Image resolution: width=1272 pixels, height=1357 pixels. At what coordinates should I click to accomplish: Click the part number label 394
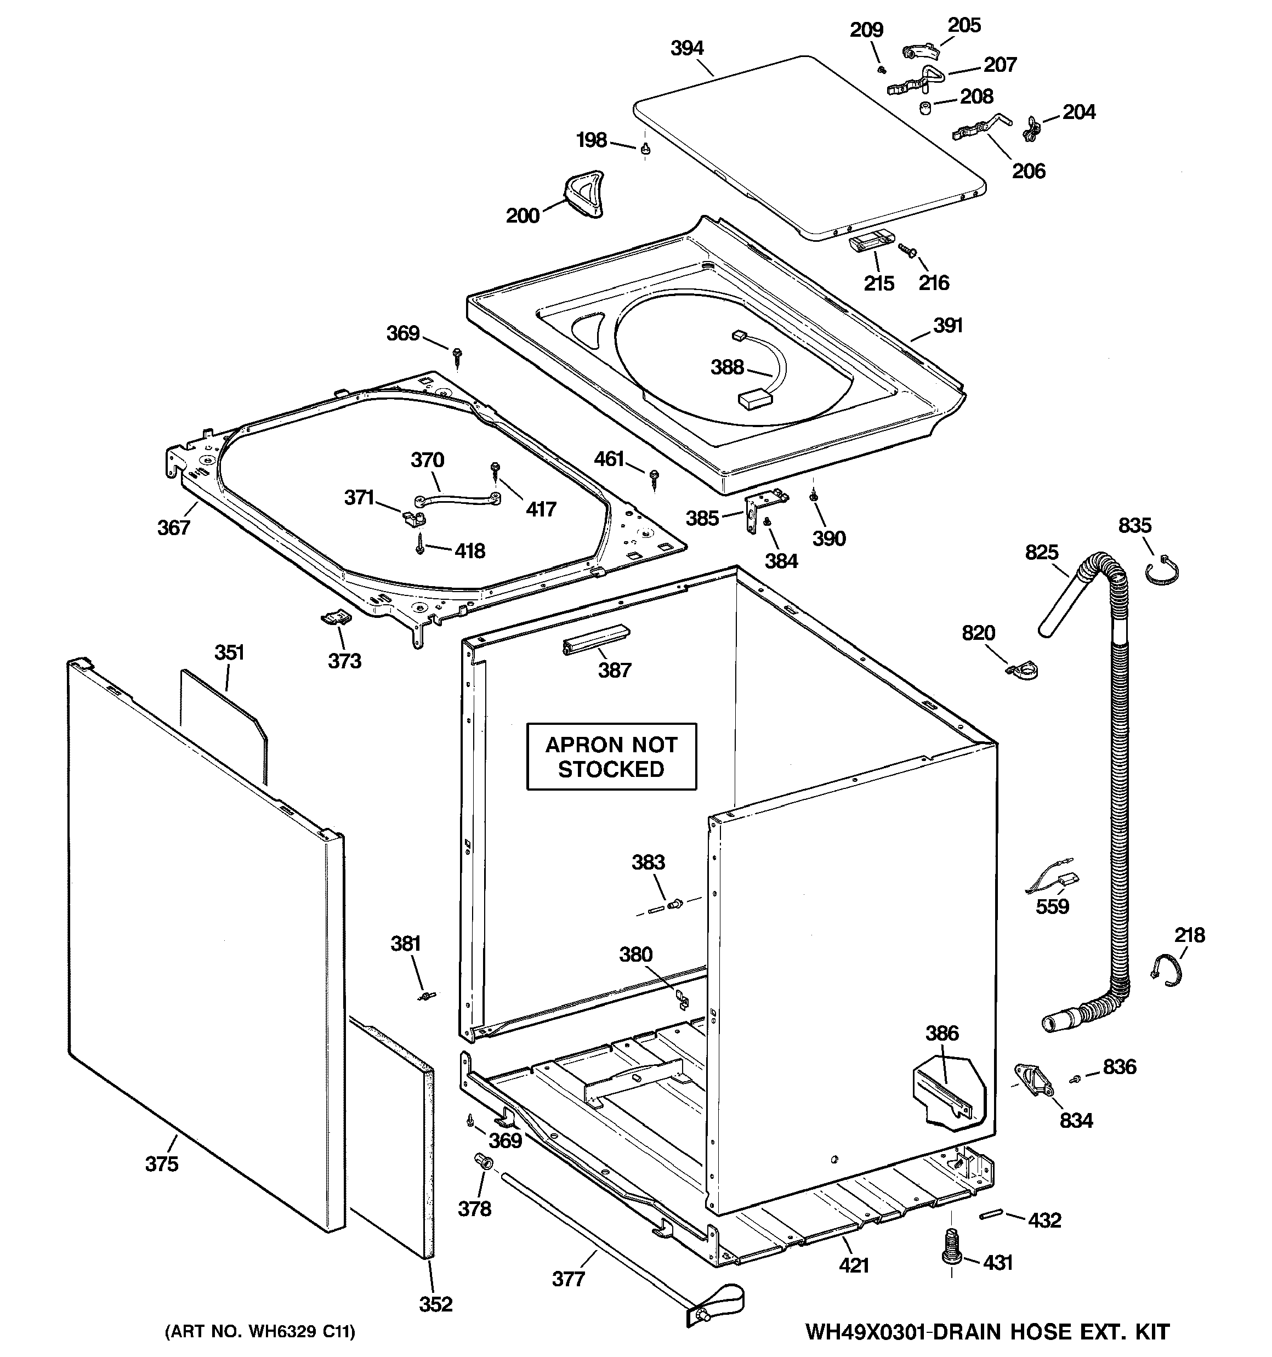(x=686, y=48)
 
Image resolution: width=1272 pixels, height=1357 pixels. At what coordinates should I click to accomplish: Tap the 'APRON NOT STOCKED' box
(x=611, y=756)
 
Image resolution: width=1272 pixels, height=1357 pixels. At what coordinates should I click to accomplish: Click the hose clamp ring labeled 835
(x=1162, y=572)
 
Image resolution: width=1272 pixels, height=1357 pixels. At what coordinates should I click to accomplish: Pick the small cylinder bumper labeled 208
(x=924, y=109)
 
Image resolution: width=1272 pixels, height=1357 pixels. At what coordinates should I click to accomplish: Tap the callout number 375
(x=161, y=1164)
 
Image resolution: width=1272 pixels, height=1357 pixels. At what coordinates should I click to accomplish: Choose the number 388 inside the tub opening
(x=726, y=367)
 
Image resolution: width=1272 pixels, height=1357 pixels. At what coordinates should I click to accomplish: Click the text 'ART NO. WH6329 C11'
(x=260, y=1332)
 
